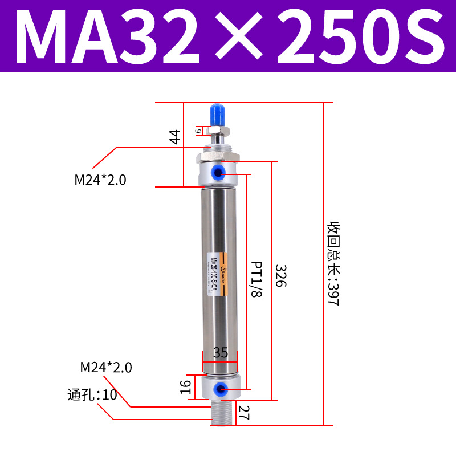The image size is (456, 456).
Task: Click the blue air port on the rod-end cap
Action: [219, 172]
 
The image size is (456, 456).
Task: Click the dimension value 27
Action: [244, 412]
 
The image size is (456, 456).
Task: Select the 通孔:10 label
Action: [92, 394]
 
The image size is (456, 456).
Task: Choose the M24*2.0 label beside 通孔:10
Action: [106, 368]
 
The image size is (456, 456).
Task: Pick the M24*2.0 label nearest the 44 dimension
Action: [100, 180]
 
